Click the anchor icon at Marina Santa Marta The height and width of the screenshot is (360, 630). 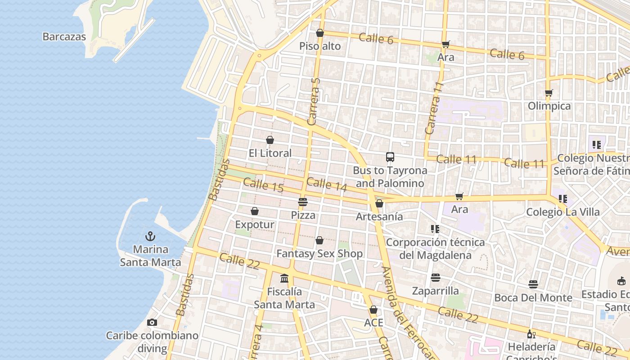(x=150, y=236)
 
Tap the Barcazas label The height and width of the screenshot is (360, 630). (x=64, y=37)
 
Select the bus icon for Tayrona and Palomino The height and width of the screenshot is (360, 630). (x=390, y=157)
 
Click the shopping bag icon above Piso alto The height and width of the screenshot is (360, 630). (x=320, y=33)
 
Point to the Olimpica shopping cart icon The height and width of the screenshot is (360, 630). (x=549, y=93)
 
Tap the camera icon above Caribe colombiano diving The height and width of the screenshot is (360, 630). (x=152, y=322)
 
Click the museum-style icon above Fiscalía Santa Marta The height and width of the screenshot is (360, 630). (x=284, y=279)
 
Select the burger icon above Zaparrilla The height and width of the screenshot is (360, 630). (x=435, y=278)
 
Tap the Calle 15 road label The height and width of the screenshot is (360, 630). (x=263, y=185)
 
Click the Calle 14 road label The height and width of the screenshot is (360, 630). (x=327, y=184)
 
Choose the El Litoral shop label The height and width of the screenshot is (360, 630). (x=270, y=153)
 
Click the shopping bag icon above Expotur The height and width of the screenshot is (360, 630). (x=255, y=211)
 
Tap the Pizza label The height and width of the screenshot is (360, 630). (x=303, y=215)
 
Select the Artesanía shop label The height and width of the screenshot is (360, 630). (x=379, y=216)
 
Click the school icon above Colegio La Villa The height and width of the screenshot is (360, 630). (x=562, y=198)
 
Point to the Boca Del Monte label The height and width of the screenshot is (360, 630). (x=533, y=297)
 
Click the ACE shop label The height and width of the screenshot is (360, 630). (x=373, y=323)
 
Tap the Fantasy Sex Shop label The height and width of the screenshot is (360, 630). (x=319, y=253)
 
